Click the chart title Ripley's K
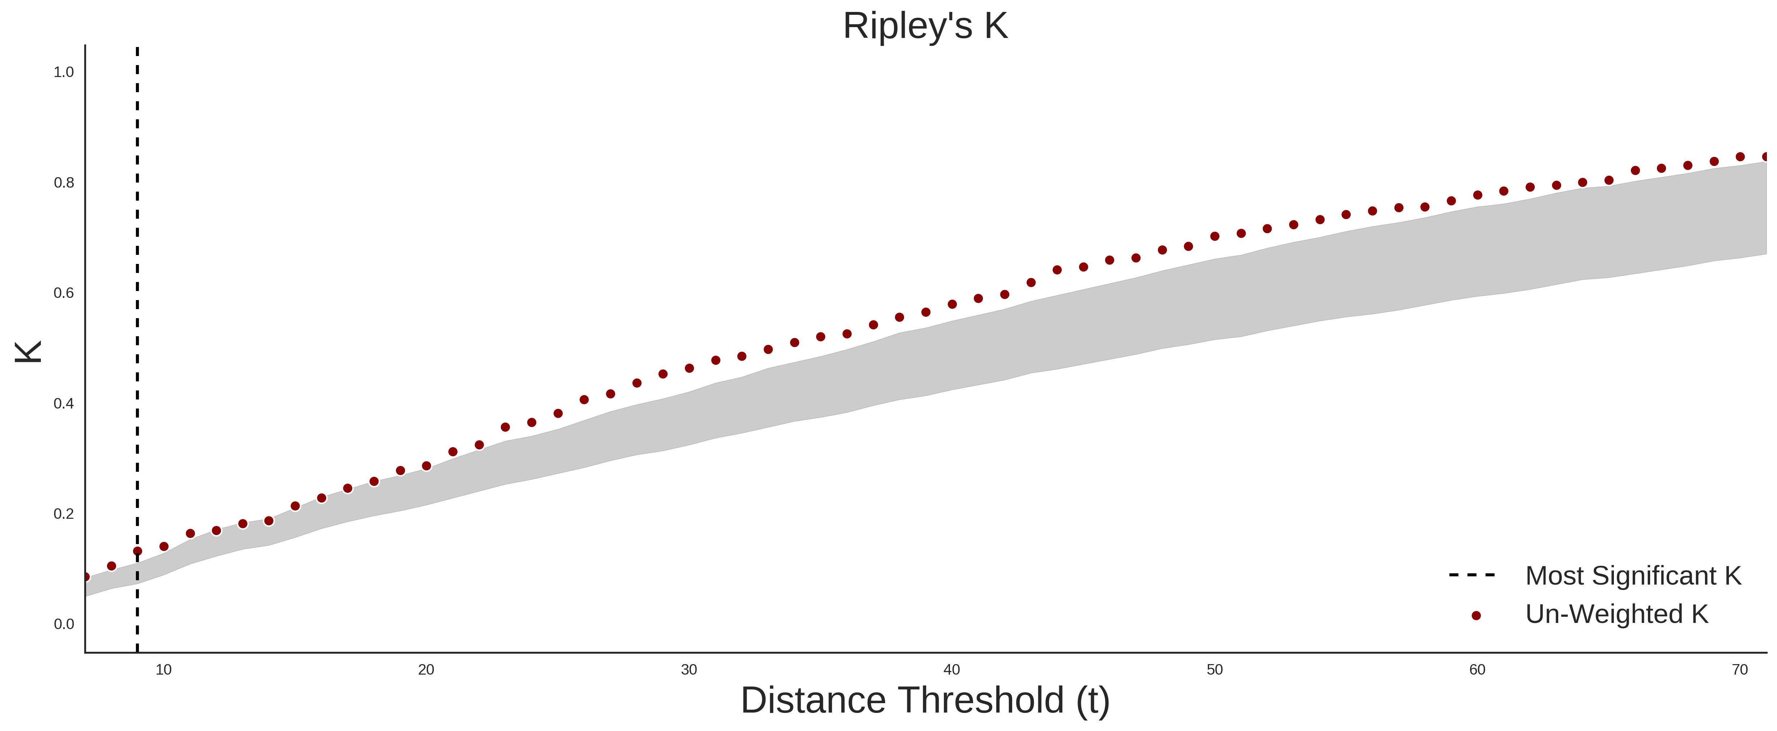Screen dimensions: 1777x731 (x=925, y=26)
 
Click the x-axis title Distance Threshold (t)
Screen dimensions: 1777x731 (x=925, y=701)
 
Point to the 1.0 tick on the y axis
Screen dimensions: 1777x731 (x=64, y=72)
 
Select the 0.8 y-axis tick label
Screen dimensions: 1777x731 (x=64, y=183)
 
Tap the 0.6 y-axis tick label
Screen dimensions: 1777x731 (x=64, y=293)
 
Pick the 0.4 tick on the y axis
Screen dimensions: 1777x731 (x=64, y=403)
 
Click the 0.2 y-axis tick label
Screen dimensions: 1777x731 (x=64, y=514)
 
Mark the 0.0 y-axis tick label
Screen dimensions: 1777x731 (x=64, y=624)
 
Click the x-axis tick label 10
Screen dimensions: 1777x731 (x=163, y=670)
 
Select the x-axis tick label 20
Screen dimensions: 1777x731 (x=426, y=670)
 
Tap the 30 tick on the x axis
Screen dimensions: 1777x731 (x=689, y=670)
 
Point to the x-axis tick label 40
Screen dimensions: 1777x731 (x=952, y=670)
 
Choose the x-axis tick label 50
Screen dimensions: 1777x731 (x=1215, y=670)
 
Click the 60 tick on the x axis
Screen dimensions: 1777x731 (x=1478, y=670)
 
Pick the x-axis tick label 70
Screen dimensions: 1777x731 (x=1740, y=670)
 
